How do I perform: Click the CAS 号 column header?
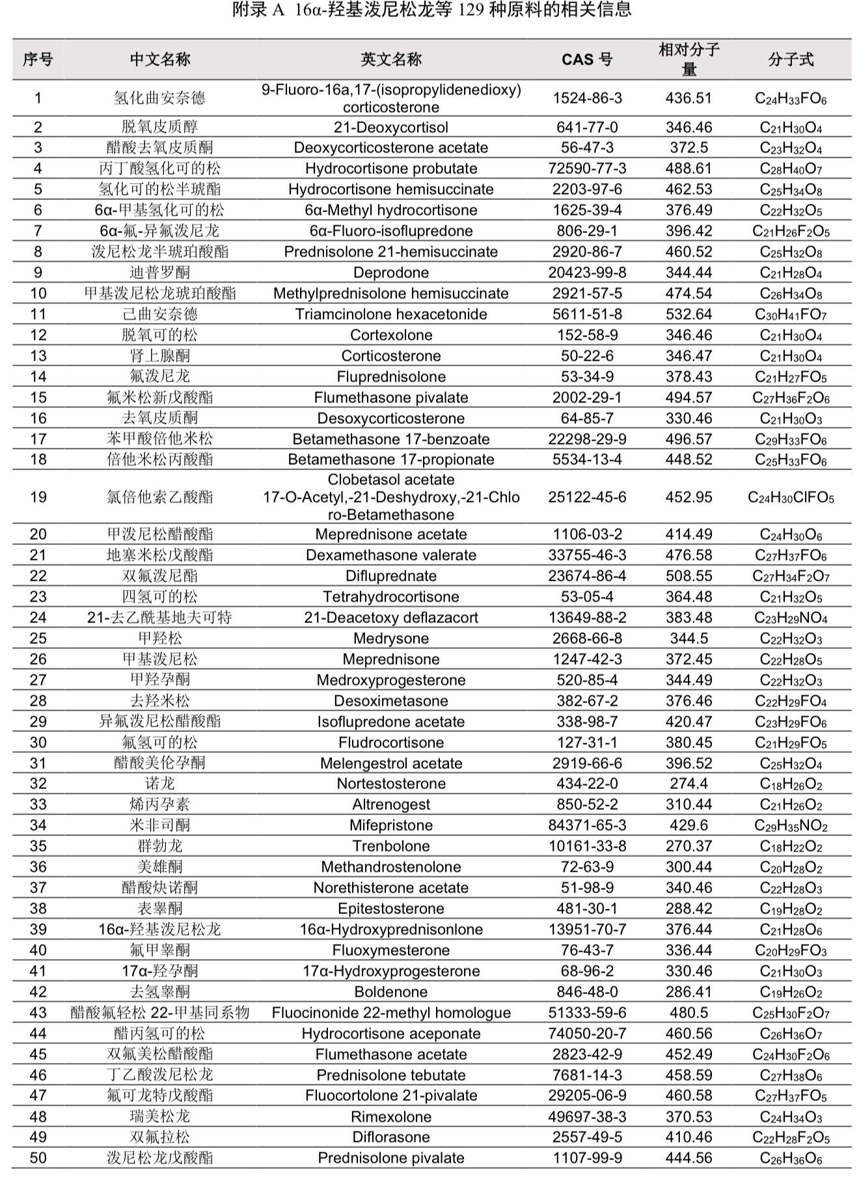[587, 59]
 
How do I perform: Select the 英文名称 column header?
[391, 59]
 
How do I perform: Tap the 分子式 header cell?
[791, 59]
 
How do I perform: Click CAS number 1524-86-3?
[587, 98]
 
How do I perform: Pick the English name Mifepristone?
[391, 825]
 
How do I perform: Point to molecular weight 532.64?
[689, 314]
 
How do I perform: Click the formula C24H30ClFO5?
[791, 498]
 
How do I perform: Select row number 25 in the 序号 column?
[38, 639]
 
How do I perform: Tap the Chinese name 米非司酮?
[160, 825]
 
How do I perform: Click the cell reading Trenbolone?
[391, 846]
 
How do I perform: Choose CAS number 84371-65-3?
[587, 825]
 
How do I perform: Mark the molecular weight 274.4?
[689, 784]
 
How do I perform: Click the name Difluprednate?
[391, 576]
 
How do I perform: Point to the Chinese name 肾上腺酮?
[160, 356]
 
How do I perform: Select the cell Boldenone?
[391, 992]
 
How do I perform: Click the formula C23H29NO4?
[791, 618]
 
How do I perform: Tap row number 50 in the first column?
[38, 1158]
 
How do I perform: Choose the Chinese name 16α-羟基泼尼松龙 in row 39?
[160, 930]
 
